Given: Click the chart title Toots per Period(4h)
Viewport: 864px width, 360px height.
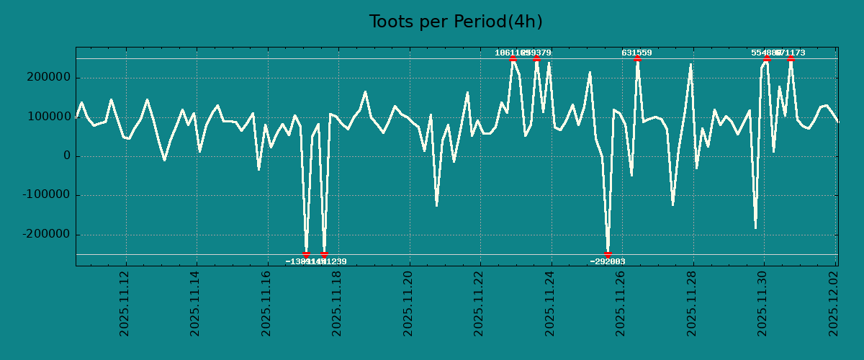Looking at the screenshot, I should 456,22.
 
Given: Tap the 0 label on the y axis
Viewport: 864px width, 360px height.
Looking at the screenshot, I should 67,156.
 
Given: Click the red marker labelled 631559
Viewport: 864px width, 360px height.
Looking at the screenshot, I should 637,59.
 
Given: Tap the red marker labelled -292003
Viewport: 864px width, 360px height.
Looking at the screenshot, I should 608,255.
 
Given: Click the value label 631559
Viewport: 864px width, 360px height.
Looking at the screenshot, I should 636,53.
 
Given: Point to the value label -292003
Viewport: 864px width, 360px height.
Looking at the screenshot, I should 607,262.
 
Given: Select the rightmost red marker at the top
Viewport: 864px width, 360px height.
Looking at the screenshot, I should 791,59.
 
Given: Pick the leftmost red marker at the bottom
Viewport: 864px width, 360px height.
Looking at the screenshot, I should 306,255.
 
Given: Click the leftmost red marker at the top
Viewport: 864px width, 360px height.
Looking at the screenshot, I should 513,59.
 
